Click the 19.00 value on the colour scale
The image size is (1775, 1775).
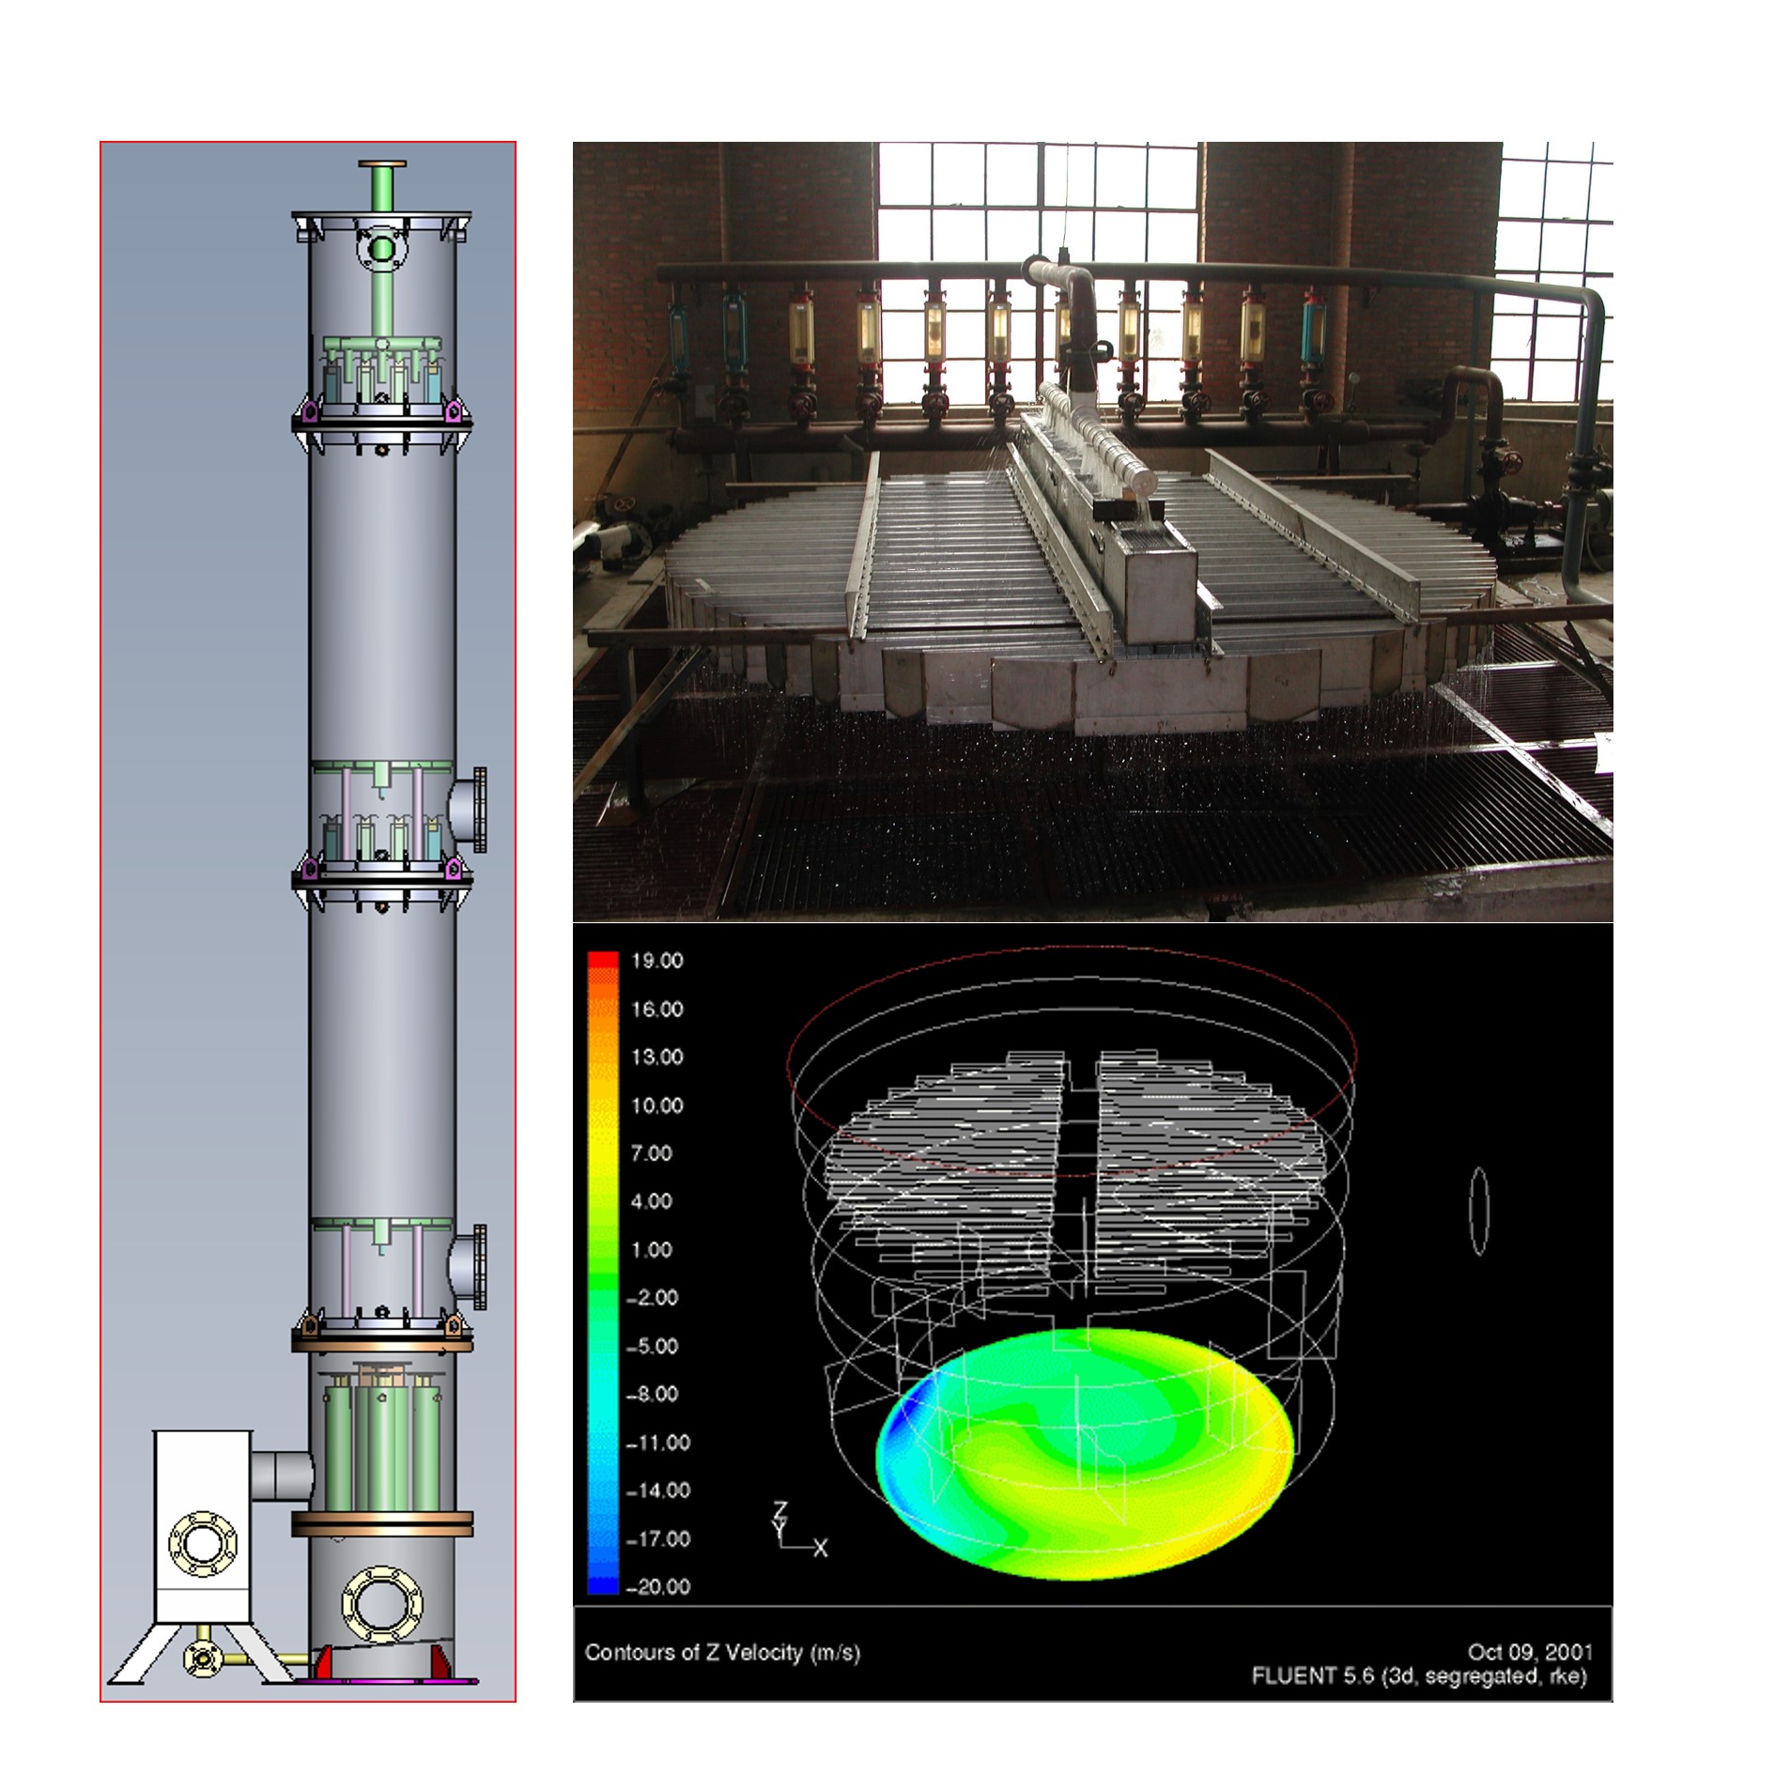(x=657, y=961)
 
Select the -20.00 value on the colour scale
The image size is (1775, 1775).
(x=658, y=1586)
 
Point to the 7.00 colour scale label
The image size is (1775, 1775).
(x=652, y=1153)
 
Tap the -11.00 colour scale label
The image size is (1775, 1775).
(x=658, y=1443)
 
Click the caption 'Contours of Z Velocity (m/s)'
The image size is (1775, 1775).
(x=722, y=1652)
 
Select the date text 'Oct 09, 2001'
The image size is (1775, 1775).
(x=1530, y=1651)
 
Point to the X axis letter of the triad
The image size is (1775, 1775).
(x=821, y=1548)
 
